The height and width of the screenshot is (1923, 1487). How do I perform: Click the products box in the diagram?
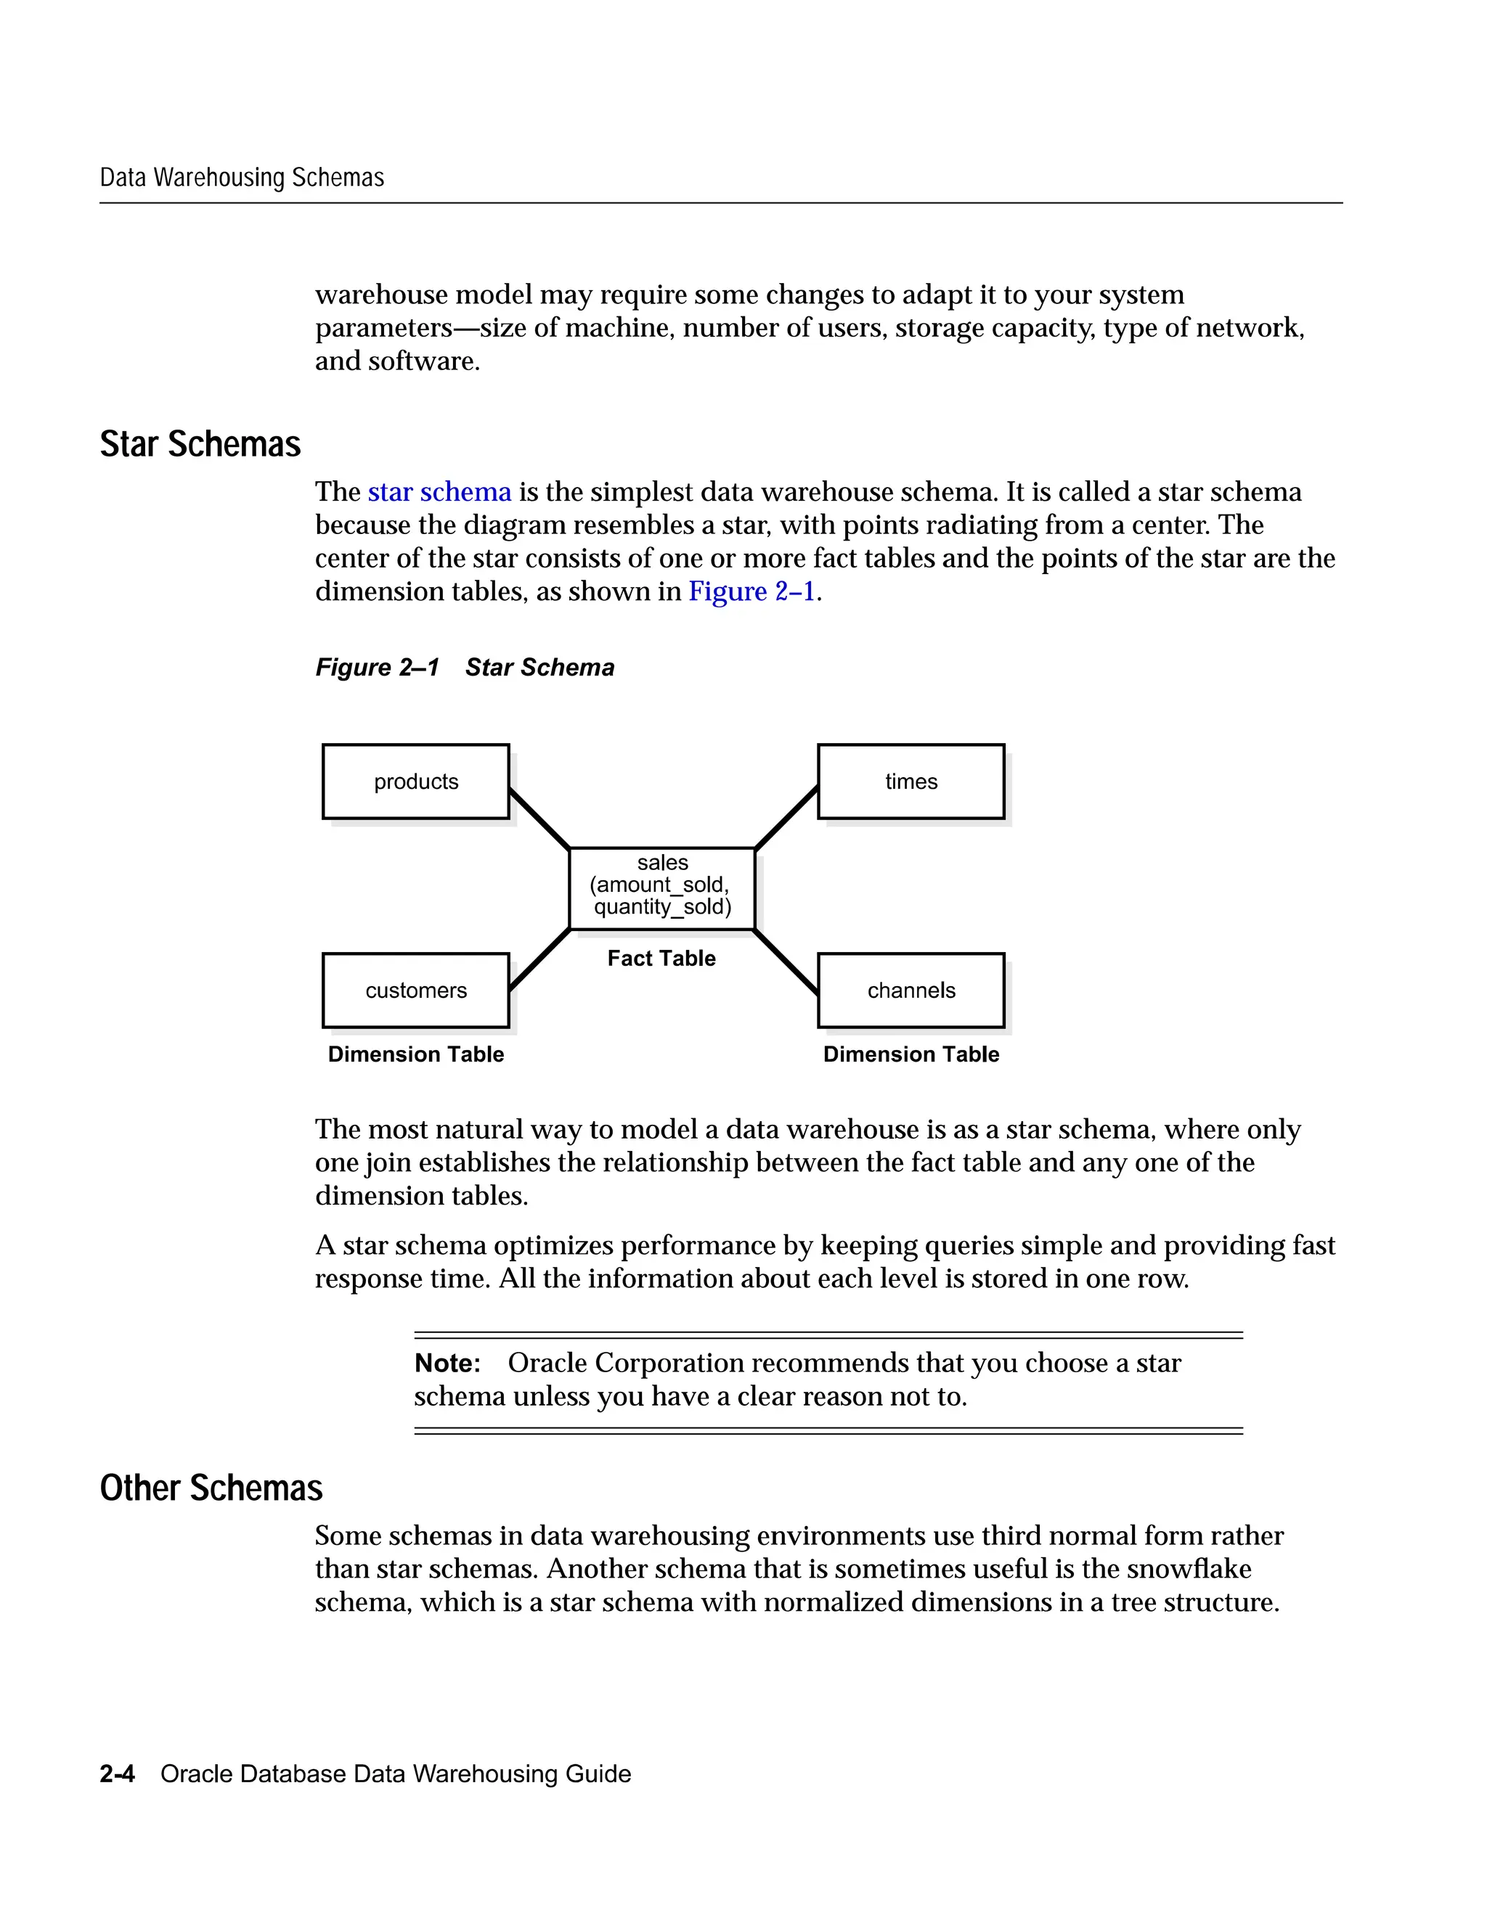click(416, 781)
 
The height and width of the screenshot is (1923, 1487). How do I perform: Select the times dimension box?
click(911, 781)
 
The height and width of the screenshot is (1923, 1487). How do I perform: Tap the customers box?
click(416, 990)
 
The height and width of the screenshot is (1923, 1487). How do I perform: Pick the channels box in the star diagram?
click(911, 990)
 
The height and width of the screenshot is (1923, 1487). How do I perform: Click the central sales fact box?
click(662, 887)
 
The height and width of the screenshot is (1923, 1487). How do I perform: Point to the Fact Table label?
click(661, 958)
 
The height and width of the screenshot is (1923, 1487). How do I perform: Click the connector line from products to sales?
click(539, 819)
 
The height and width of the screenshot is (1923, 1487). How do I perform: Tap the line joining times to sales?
click(786, 818)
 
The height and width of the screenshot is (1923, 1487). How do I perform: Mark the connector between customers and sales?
click(539, 959)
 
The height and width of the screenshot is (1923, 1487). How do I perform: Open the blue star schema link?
click(439, 491)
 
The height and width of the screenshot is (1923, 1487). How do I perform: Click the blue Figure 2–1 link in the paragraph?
click(751, 591)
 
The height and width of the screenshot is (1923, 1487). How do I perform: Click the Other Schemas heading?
click(211, 1488)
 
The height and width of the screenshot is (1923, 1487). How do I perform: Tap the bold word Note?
click(447, 1363)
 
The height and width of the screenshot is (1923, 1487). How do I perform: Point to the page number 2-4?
click(117, 1774)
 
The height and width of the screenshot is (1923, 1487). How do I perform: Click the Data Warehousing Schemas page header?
click(243, 178)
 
